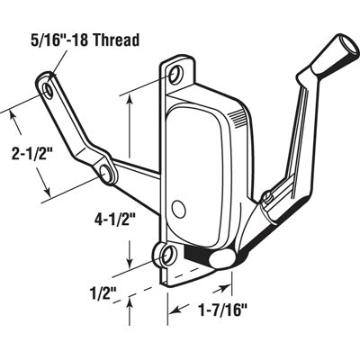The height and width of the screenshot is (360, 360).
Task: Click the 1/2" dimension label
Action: tap(106, 290)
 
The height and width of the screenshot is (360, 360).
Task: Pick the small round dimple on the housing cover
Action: tap(176, 209)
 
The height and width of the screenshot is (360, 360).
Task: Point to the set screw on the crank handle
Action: tap(267, 196)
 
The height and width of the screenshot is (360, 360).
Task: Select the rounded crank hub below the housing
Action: tap(221, 258)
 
